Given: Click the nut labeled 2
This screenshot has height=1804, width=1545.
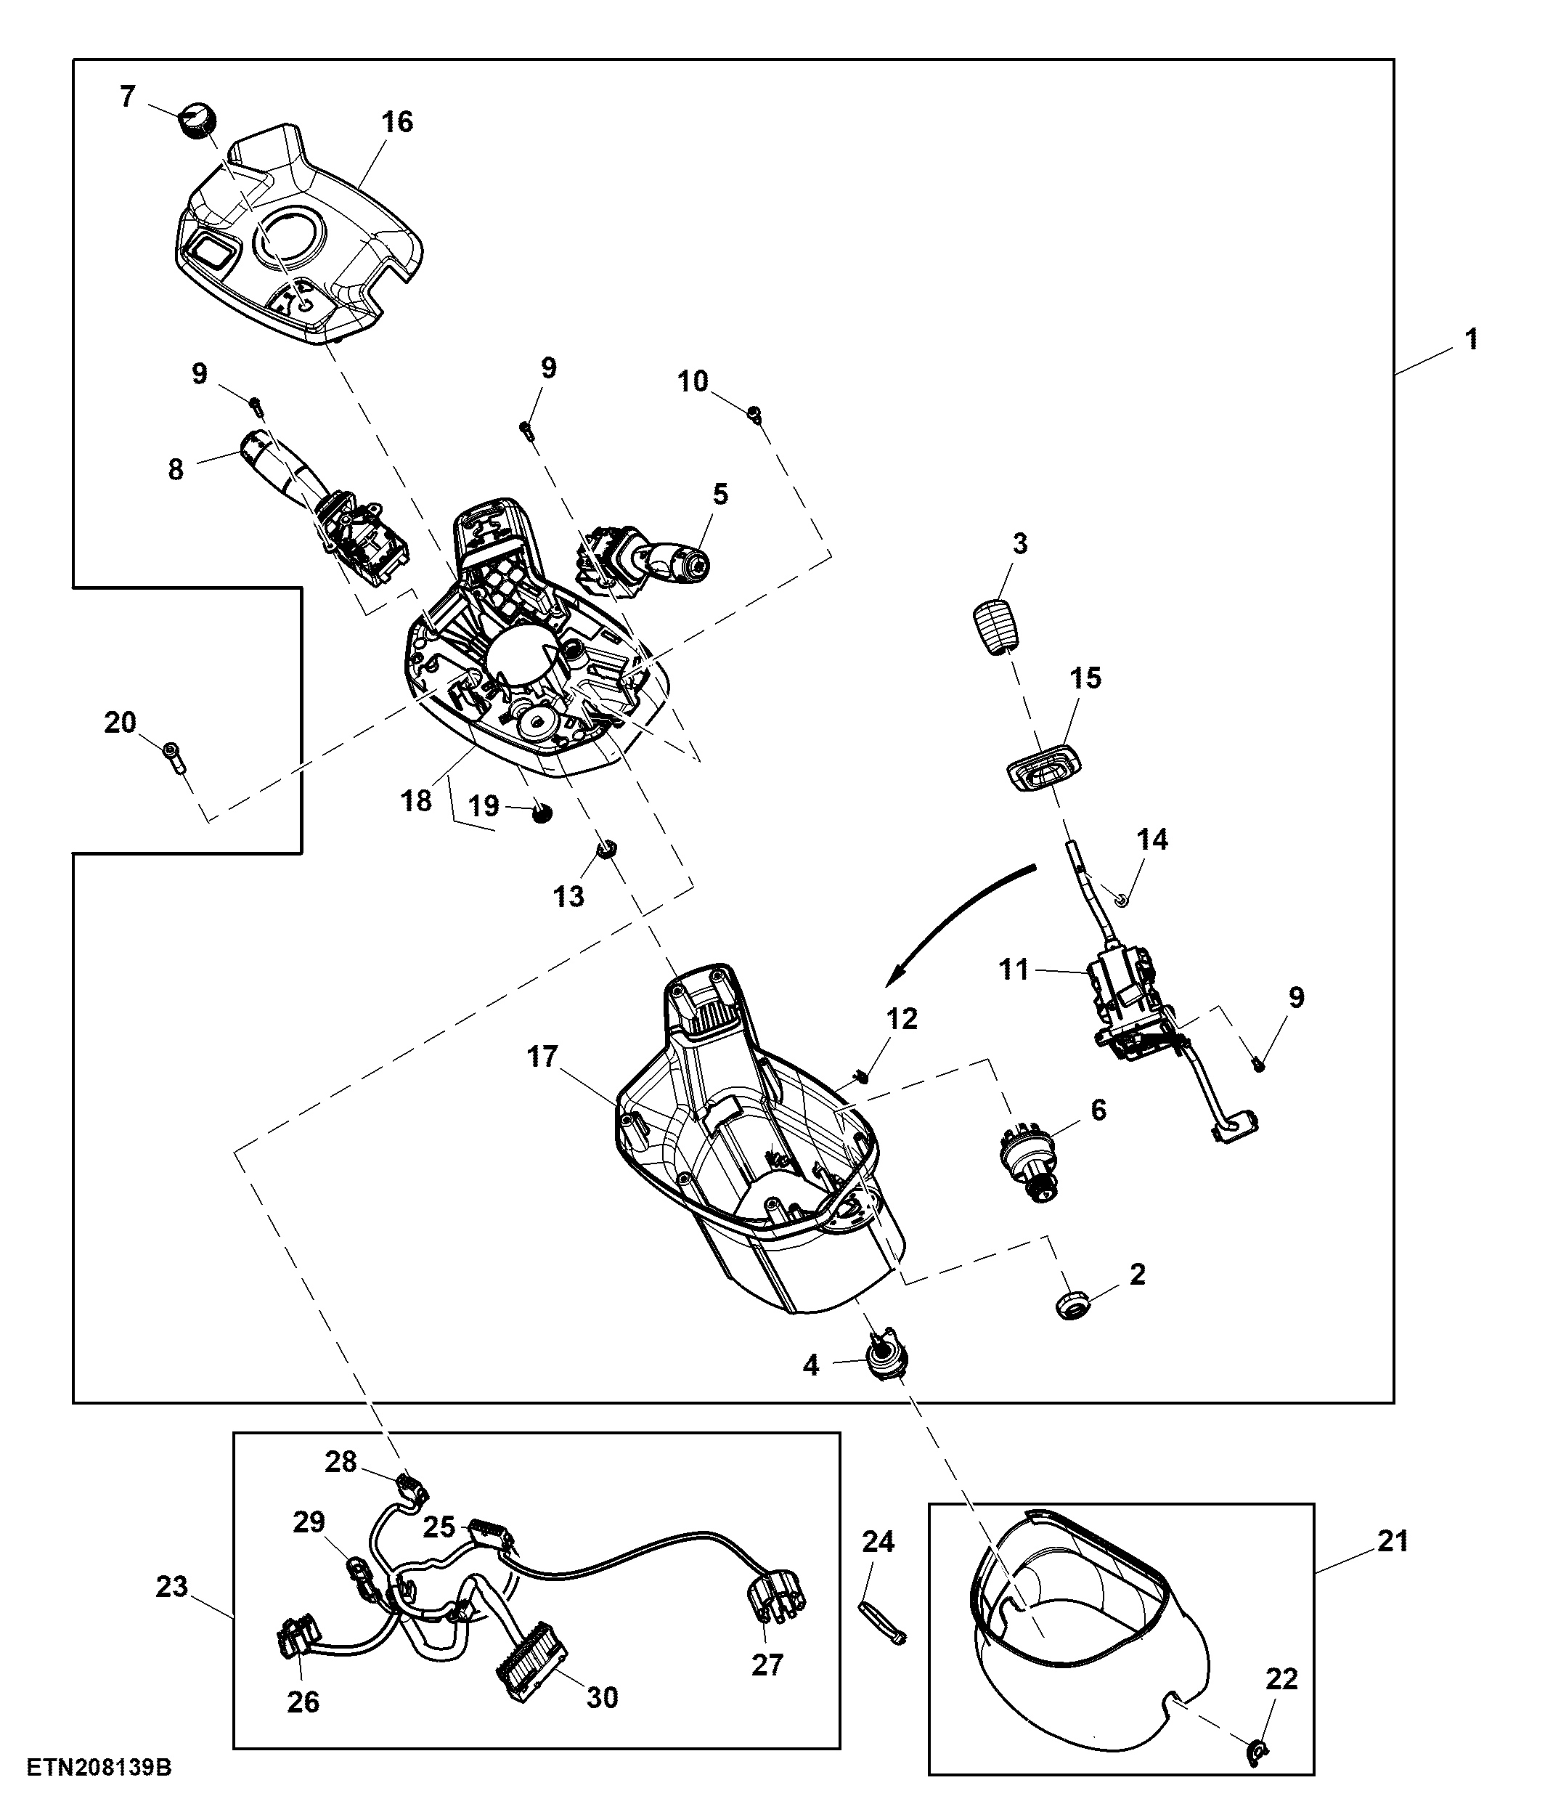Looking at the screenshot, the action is tap(1072, 1304).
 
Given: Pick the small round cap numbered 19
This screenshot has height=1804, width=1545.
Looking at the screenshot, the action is tap(543, 813).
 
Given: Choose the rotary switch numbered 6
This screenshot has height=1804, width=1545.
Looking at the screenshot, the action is tap(1028, 1161).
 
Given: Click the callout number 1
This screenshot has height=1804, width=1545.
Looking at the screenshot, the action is tap(1471, 340).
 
